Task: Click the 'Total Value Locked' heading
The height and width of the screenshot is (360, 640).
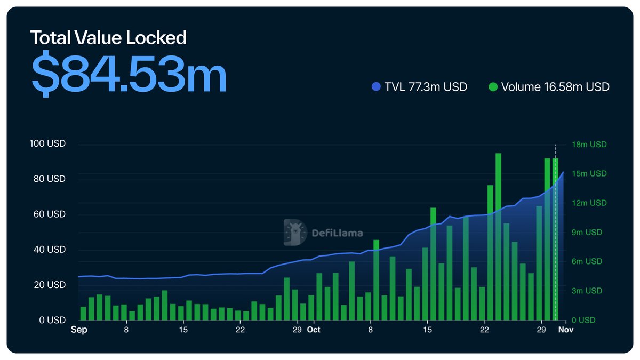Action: coord(108,38)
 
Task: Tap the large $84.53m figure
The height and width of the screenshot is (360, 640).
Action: coord(129,73)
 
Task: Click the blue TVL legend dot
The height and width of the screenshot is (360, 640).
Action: coord(376,86)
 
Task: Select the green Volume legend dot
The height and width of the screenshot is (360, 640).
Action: coord(493,86)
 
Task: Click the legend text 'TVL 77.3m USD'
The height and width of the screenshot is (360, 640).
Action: coord(425,86)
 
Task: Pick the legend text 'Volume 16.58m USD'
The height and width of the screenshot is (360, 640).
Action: coord(555,86)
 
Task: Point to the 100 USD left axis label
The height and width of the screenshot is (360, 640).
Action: coord(49,145)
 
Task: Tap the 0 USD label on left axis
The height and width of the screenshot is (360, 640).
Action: coord(52,320)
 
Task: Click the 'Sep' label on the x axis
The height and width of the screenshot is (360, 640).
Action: coord(79,330)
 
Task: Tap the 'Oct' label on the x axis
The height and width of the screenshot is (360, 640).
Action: coord(314,330)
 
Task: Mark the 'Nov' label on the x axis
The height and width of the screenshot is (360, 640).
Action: coord(566,330)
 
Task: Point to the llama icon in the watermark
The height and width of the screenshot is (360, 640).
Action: coord(295,233)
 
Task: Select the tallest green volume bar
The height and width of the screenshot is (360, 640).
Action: coord(498,235)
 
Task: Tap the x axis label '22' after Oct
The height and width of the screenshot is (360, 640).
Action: coord(484,330)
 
